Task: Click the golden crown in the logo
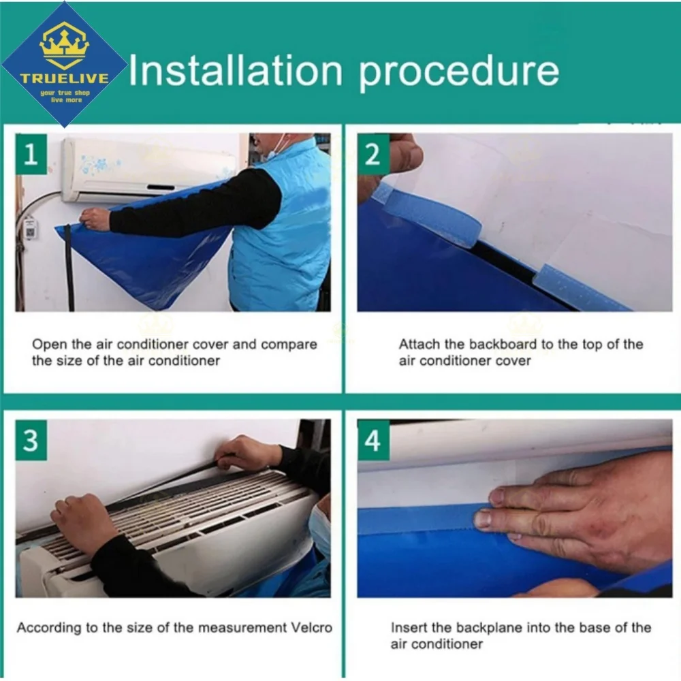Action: tap(64, 45)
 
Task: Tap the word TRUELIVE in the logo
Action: tap(64, 78)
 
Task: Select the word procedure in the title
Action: tap(458, 74)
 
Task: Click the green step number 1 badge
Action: tap(31, 154)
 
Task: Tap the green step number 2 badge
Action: tap(373, 154)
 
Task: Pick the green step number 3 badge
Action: tap(31, 440)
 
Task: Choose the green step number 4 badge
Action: tap(373, 440)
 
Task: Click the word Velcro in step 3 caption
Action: tap(311, 628)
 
